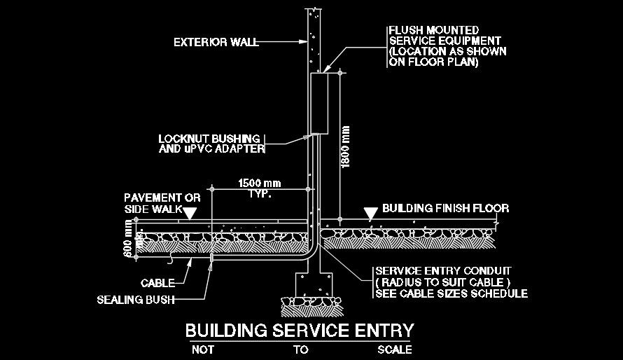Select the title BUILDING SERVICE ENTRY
299,330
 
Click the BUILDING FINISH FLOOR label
445,209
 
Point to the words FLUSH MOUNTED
434,31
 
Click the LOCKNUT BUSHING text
209,138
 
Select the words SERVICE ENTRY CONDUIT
443,270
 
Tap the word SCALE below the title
394,349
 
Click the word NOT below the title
203,349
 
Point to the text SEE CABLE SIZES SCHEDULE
451,293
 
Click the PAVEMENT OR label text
162,198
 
